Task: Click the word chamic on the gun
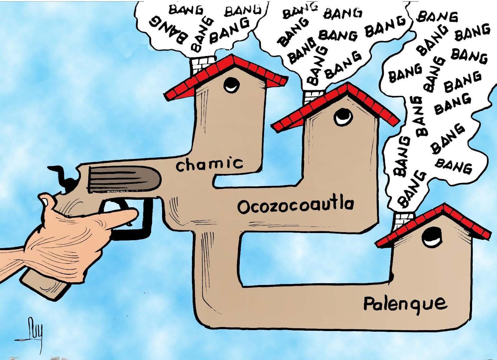(209, 164)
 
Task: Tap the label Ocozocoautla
(295, 206)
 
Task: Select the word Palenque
(405, 303)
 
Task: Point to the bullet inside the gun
(124, 179)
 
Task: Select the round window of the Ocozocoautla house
(343, 117)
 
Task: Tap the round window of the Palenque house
(432, 237)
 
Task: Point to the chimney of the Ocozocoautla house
(313, 96)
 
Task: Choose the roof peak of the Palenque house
(444, 206)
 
